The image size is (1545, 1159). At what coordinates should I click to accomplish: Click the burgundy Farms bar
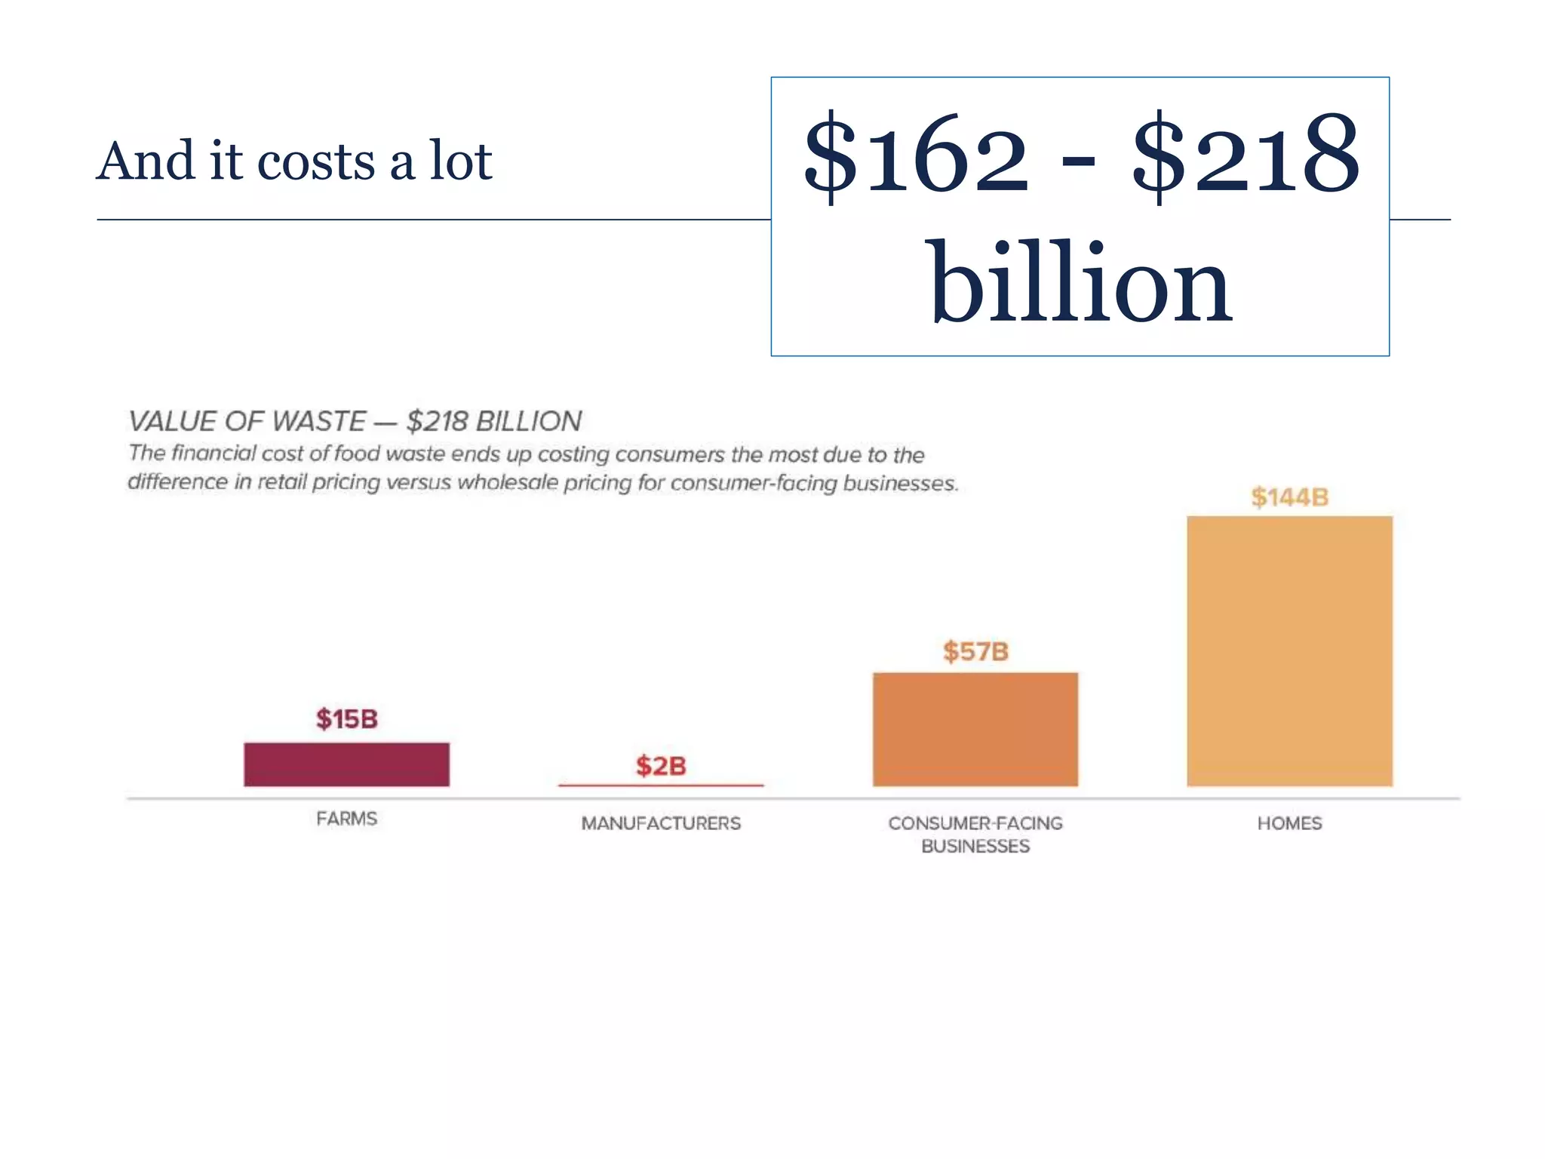tap(346, 764)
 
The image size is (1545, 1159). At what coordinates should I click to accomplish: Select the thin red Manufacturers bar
tap(661, 785)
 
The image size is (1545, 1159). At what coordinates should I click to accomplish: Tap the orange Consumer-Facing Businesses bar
tap(975, 729)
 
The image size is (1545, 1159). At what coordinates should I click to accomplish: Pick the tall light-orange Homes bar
tap(1289, 651)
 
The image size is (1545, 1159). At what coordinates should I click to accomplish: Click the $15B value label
tap(346, 719)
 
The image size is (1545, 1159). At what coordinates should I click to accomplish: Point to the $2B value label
tap(661, 766)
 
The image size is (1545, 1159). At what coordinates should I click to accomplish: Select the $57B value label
tap(975, 651)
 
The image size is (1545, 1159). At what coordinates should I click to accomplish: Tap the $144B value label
tap(1289, 497)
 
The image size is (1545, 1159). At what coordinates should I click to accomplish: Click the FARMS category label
tap(346, 819)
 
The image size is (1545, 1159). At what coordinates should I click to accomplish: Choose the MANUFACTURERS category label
tap(661, 823)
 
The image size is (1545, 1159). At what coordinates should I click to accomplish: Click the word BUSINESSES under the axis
tap(975, 847)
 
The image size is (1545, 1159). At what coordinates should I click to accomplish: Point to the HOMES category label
tap(1289, 823)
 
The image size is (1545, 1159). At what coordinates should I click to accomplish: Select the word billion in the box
tap(1080, 283)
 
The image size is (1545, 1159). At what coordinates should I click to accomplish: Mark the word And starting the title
tap(146, 161)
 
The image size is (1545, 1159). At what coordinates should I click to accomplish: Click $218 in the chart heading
tap(438, 421)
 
